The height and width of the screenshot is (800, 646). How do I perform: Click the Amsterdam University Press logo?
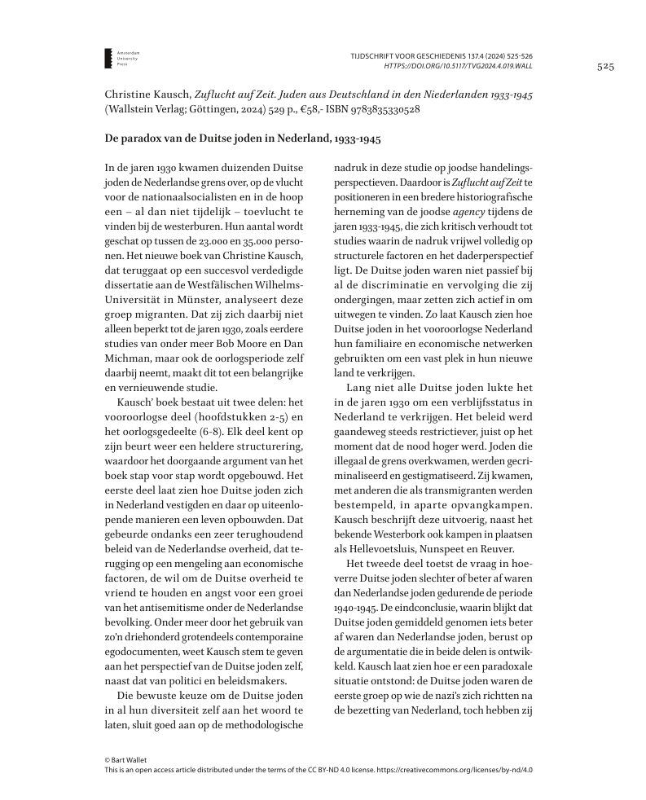pyautogui.click(x=108, y=57)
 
